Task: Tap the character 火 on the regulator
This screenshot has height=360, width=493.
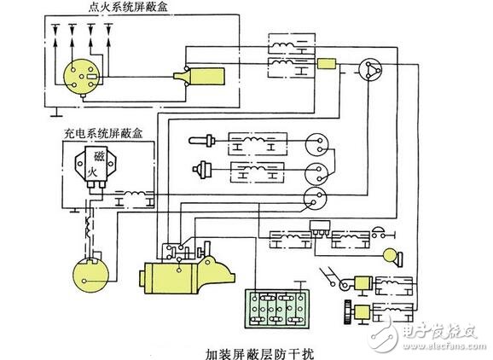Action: click(97, 172)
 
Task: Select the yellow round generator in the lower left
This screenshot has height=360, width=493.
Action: click(90, 273)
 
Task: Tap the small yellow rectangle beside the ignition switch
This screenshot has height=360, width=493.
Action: click(328, 64)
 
